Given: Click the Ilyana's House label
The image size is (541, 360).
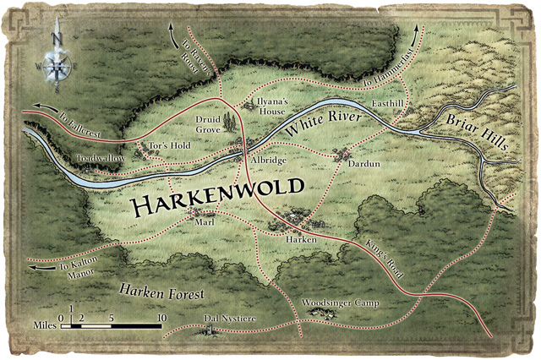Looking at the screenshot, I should [274, 106].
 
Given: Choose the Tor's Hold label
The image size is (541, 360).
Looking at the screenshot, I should [169, 145].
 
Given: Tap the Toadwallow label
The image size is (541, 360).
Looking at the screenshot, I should [100, 158].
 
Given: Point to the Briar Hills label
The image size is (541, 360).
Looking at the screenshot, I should [468, 130].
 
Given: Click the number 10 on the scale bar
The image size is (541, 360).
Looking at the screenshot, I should [161, 318].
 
